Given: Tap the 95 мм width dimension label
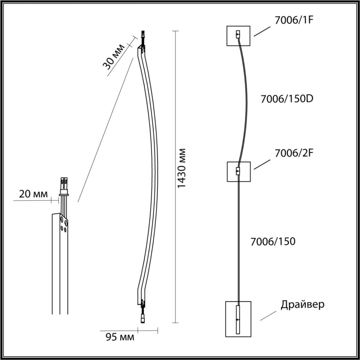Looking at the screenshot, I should pos(120,337).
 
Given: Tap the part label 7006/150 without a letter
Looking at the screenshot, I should pos(273,242).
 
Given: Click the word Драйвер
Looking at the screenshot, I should pos(303,305).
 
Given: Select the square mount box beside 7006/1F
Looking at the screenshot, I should pos(238,36).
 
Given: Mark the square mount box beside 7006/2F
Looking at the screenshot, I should pos(238,172).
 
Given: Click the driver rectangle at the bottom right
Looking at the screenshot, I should pos(238,319).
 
